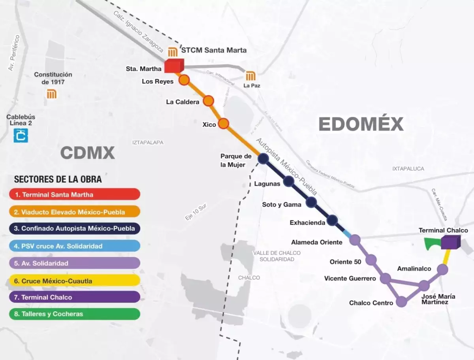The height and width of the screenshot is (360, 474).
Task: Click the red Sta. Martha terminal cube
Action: [x=174, y=66]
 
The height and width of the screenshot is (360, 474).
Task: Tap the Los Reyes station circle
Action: [x=184, y=80]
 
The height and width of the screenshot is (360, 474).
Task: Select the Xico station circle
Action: [x=224, y=124]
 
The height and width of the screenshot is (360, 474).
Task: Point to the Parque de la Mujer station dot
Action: [x=263, y=158]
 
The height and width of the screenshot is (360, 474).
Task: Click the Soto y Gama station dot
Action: [x=311, y=202]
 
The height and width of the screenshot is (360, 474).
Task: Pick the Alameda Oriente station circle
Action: [x=355, y=239]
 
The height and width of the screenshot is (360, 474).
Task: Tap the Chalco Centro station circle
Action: [x=401, y=302]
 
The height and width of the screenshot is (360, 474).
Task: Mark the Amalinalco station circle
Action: [x=443, y=270]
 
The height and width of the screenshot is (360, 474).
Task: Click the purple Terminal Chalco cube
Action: [x=450, y=242]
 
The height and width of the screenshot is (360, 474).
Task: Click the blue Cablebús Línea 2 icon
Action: [x=21, y=135]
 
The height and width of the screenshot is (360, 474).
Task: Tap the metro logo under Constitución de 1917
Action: [x=52, y=94]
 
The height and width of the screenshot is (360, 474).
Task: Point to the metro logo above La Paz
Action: [x=250, y=76]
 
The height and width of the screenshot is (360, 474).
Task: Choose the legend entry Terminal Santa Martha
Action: [x=75, y=194]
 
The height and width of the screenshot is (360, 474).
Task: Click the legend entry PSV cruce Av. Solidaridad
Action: [x=75, y=246]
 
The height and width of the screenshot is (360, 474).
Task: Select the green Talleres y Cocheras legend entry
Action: [x=75, y=314]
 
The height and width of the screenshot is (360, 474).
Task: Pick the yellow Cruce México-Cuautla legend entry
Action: [x=75, y=281]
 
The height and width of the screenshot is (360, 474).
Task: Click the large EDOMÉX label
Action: [x=361, y=124]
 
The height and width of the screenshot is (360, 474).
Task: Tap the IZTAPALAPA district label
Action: [x=148, y=142]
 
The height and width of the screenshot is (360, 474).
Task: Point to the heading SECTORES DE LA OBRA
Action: [x=58, y=179]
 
